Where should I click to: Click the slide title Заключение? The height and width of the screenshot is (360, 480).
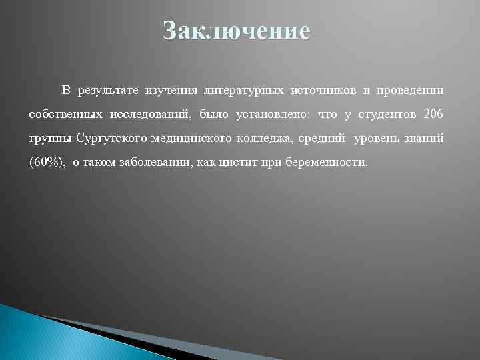237,31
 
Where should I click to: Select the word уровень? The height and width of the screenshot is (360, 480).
369,139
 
